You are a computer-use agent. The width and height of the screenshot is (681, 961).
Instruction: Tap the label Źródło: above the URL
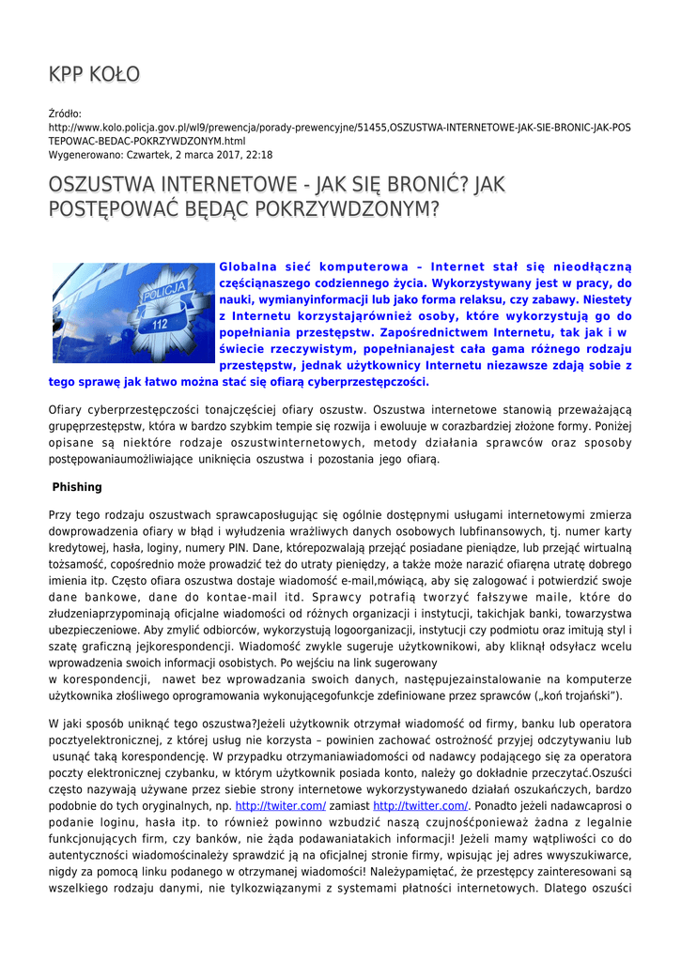tap(65, 114)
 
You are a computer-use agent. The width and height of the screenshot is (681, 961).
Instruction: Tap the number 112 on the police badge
tap(159, 325)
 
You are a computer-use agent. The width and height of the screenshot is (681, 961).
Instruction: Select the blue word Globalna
tap(249, 267)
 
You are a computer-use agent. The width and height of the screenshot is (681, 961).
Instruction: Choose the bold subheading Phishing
tap(77, 488)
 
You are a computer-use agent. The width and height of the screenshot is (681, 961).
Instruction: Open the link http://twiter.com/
tap(280, 806)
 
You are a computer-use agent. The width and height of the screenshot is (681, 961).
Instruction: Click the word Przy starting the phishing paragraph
tap(60, 515)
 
